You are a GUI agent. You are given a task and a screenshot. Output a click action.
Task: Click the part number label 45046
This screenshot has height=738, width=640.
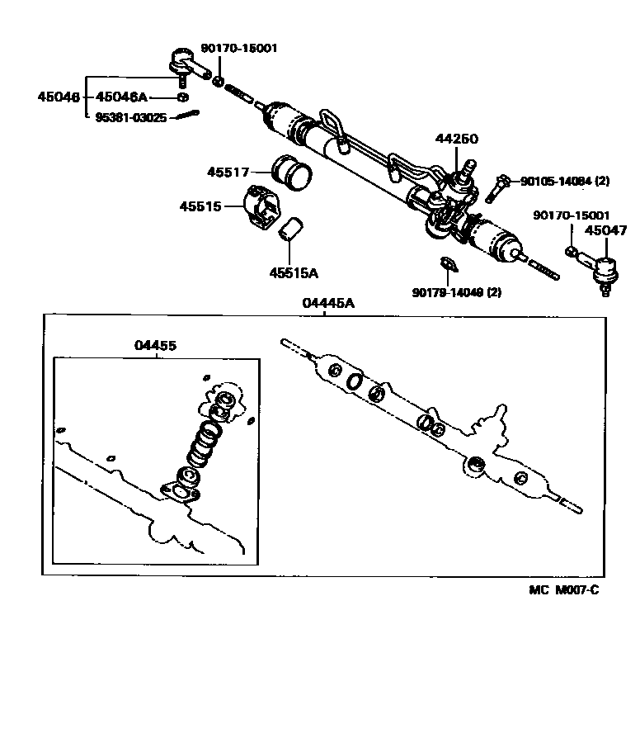(x=58, y=97)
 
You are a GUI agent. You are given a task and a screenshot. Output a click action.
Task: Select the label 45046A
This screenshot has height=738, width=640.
(x=121, y=97)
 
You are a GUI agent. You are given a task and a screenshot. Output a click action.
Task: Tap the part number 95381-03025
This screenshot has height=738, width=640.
(x=129, y=118)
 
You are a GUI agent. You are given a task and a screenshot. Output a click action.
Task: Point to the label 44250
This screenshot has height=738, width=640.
(x=456, y=139)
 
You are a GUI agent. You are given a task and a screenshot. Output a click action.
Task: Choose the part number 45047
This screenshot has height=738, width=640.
(x=605, y=231)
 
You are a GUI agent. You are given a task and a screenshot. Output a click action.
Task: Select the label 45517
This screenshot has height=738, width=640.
(x=228, y=172)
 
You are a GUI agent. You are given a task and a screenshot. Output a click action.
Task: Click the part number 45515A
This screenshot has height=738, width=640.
(x=293, y=272)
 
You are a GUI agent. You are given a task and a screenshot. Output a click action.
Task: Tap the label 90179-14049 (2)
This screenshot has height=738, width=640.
(x=457, y=291)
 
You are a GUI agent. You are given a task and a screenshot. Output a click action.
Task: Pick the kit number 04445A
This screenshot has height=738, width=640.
(x=328, y=303)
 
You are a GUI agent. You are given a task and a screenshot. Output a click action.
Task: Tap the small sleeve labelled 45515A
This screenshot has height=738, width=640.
(x=291, y=230)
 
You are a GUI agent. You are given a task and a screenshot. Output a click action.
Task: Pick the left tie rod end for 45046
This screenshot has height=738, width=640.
(x=186, y=64)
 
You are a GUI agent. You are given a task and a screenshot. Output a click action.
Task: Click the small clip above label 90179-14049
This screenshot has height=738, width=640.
(x=447, y=263)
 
